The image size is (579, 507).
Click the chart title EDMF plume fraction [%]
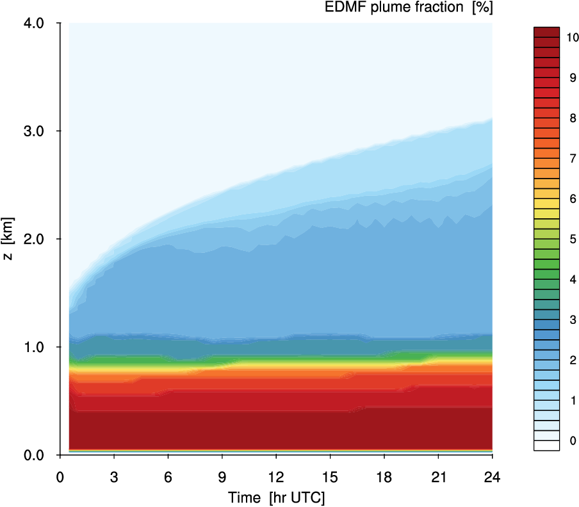click(420, 8)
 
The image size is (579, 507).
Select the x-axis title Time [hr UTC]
click(276, 497)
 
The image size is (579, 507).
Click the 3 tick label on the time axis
click(114, 476)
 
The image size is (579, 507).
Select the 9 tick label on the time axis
click(222, 476)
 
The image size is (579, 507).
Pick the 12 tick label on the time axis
click(276, 476)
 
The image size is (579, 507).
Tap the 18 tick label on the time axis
click(384, 476)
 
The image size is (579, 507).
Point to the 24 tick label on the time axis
click(492, 476)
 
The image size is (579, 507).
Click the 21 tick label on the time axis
click(438, 476)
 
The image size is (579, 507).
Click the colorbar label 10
click(573, 37)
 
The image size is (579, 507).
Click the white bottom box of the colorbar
click(547, 446)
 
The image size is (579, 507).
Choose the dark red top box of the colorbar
click(547, 33)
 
